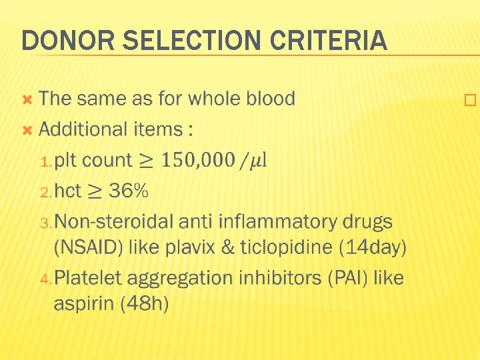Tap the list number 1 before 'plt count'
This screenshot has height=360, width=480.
point(45,161)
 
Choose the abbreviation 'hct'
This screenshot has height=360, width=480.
point(67,191)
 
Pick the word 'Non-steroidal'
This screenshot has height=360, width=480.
point(121,221)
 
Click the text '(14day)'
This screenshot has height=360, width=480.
point(372,247)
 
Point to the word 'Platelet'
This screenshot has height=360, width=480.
point(95,277)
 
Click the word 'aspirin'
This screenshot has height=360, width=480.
point(84,303)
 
